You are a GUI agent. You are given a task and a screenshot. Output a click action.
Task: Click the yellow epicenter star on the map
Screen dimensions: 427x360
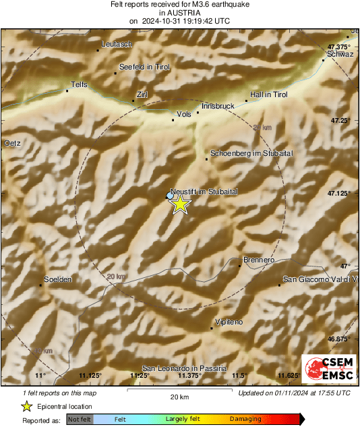(x=179, y=205)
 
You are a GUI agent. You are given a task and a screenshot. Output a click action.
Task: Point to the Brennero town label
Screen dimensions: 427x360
(x=259, y=260)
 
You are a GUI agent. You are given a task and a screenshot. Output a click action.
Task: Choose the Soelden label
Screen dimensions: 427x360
(x=57, y=279)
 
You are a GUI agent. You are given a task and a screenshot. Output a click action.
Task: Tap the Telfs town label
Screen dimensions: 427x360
(x=80, y=85)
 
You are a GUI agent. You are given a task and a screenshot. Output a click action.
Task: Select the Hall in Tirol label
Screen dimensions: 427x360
(x=269, y=95)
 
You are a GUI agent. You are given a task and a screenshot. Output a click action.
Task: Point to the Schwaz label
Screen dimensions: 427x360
(x=340, y=54)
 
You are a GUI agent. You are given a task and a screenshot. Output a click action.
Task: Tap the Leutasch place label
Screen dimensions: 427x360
(x=116, y=44)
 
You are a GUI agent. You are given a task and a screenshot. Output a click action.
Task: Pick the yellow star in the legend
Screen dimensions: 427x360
(x=26, y=407)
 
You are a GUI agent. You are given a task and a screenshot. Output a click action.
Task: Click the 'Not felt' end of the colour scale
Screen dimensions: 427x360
(x=80, y=420)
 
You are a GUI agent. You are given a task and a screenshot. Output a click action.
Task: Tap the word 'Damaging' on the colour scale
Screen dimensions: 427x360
(x=245, y=420)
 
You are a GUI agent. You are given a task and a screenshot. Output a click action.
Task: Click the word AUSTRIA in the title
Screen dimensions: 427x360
(x=179, y=13)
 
